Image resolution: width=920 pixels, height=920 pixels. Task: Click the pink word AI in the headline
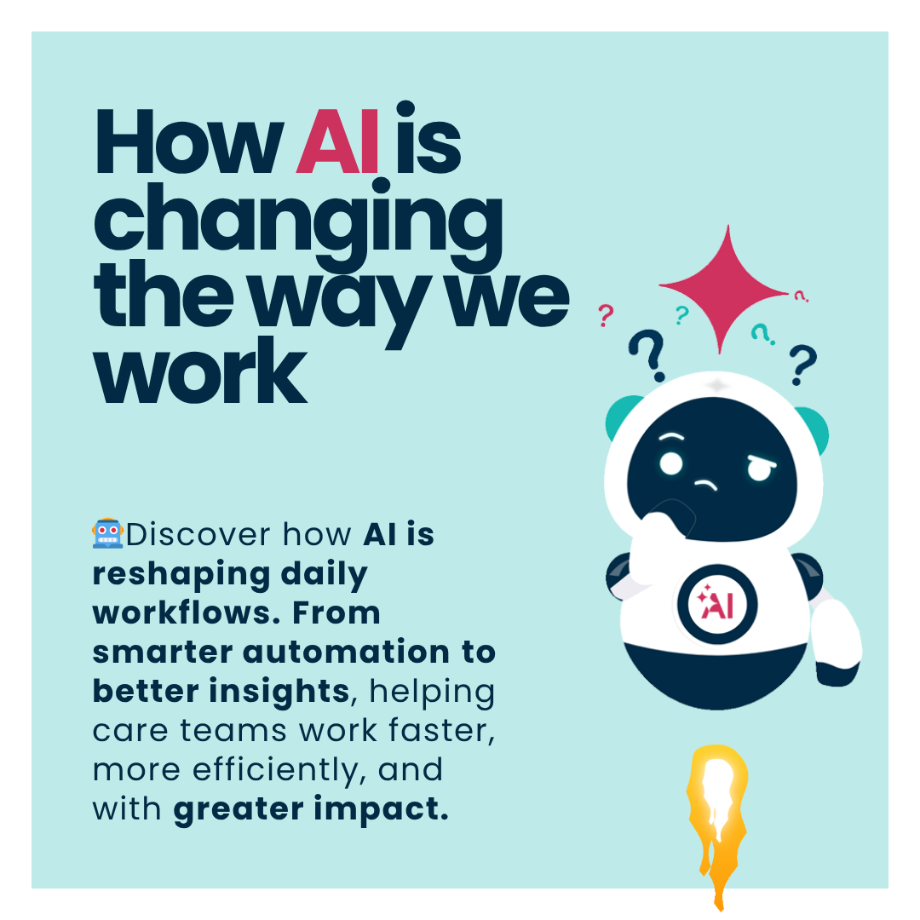pyautogui.click(x=338, y=141)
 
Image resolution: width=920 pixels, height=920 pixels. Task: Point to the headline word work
pyautogui.click(x=200, y=370)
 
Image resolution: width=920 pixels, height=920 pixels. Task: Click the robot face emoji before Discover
pyautogui.click(x=107, y=533)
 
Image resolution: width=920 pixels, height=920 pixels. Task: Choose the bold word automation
pyautogui.click(x=346, y=652)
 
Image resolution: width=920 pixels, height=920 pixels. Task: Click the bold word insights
pyautogui.click(x=280, y=691)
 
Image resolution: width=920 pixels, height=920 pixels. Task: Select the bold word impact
pyautogui.click(x=381, y=809)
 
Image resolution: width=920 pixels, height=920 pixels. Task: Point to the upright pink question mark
pyautogui.click(x=607, y=316)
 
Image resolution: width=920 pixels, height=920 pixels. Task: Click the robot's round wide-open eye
pyautogui.click(x=671, y=463)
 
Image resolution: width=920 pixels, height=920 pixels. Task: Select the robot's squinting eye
pyautogui.click(x=761, y=469)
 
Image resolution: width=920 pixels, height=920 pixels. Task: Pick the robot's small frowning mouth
pyautogui.click(x=706, y=484)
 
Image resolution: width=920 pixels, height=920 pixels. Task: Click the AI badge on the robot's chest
pyautogui.click(x=717, y=604)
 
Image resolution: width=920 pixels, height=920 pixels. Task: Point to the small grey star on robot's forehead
pyautogui.click(x=716, y=386)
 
